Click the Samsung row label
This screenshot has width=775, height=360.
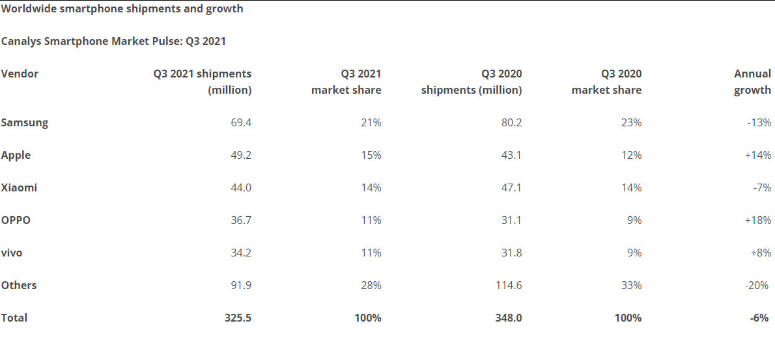25,122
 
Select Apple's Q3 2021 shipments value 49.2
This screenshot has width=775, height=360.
241,155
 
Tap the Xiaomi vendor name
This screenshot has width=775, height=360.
20,187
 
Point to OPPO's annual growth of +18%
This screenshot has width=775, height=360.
758,220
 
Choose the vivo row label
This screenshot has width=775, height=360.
12,253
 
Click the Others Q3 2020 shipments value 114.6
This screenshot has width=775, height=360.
508,285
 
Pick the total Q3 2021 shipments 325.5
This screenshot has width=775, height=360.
237,318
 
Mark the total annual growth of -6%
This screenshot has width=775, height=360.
761,318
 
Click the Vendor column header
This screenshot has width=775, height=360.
20,74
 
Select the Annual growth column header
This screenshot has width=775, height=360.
752,82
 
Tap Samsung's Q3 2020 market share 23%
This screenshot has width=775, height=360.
631,122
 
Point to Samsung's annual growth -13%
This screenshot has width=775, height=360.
759,122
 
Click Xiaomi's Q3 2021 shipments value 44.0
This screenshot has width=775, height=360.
241,187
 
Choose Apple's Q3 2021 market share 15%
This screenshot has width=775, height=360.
371,155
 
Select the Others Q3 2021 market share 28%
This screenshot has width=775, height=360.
371,285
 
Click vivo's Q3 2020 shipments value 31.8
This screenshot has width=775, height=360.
511,253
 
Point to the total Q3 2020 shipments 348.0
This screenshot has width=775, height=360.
508,318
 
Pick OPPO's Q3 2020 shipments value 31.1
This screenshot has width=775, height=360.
511,220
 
